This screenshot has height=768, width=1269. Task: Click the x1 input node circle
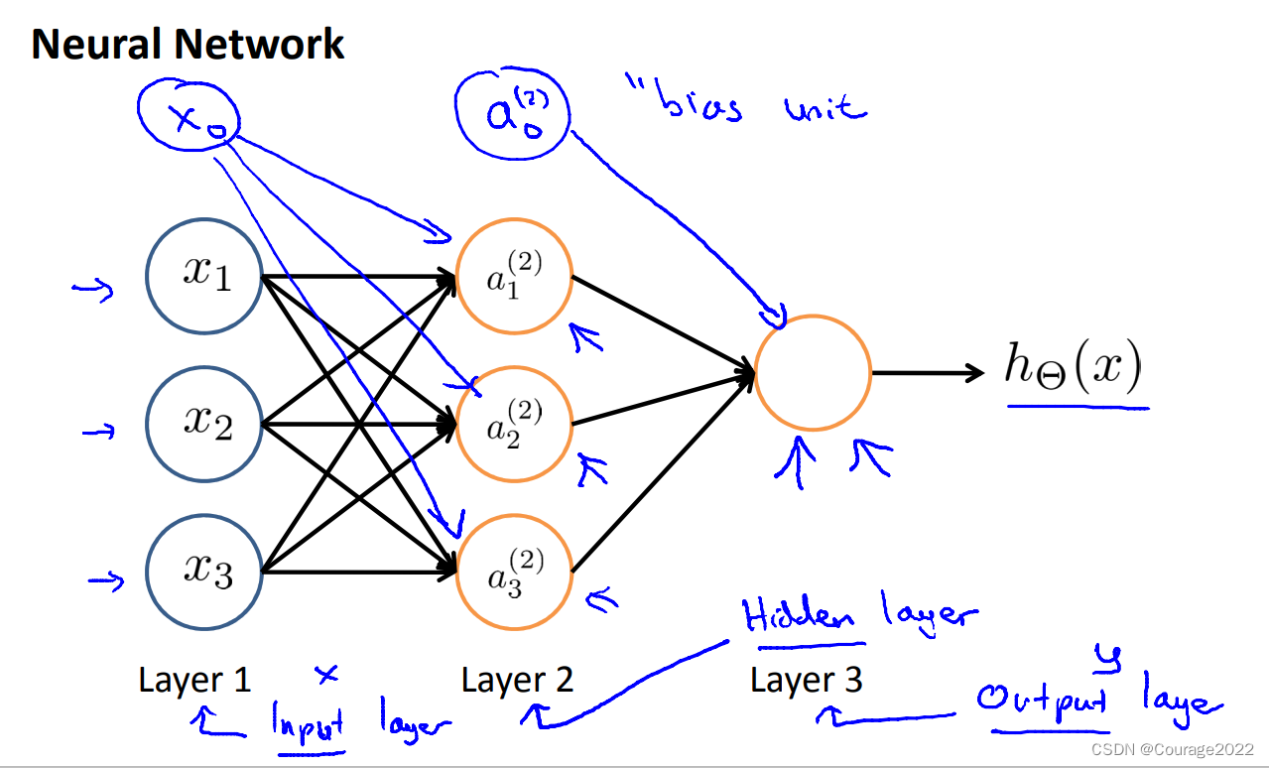click(x=204, y=275)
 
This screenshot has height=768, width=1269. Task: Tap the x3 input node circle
click(x=204, y=573)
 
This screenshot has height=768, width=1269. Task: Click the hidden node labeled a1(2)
click(x=514, y=275)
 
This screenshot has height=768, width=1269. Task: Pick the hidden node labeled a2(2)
click(x=514, y=425)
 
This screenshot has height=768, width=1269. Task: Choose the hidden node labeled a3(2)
click(x=514, y=573)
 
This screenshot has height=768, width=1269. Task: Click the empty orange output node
click(x=813, y=373)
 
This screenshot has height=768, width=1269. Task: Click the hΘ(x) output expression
click(x=1073, y=370)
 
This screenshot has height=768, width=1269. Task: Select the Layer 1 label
click(x=194, y=680)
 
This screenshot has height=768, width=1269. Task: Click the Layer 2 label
click(x=517, y=680)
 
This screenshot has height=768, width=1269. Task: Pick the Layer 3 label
click(x=806, y=680)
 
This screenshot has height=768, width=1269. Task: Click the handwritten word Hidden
click(x=800, y=618)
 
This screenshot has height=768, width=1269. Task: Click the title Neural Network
click(x=188, y=45)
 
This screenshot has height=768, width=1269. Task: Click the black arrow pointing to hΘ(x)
click(x=927, y=373)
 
